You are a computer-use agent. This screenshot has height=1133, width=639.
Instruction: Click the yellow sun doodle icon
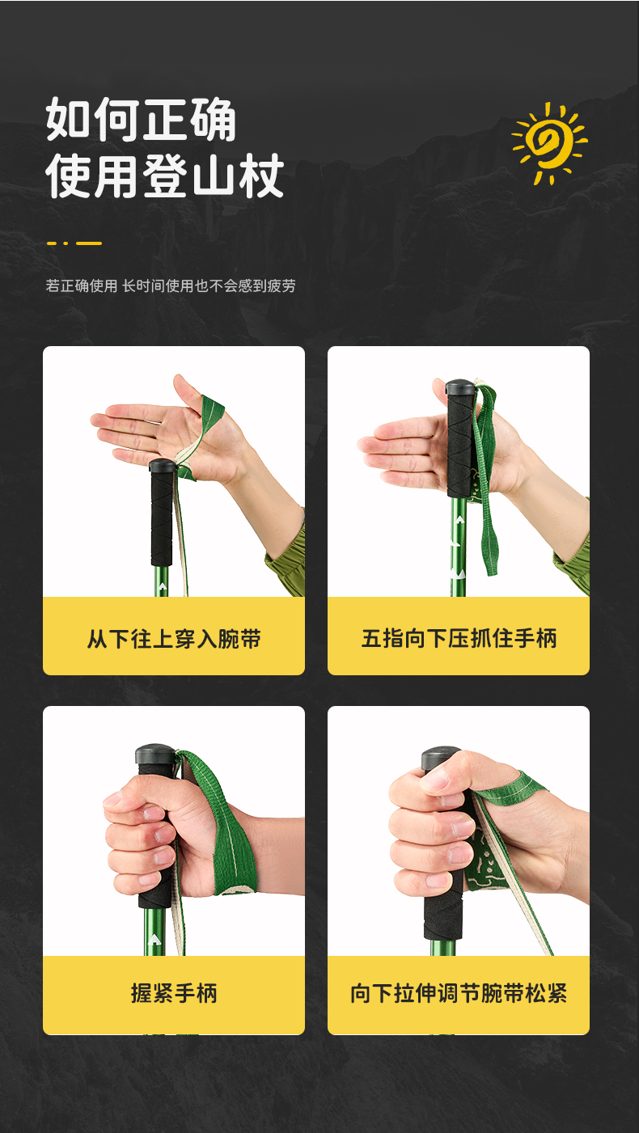click(549, 142)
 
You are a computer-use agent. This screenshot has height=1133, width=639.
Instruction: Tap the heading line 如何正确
click(142, 120)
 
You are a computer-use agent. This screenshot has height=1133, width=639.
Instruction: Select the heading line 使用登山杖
click(164, 175)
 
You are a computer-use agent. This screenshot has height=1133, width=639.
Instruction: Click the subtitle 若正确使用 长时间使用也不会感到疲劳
click(171, 285)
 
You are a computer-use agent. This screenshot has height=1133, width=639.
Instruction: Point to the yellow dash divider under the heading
click(74, 243)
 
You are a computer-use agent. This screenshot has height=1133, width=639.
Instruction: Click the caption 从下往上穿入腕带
click(174, 638)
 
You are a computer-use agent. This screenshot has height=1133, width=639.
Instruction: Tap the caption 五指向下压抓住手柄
click(459, 638)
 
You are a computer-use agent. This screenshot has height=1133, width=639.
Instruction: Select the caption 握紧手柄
click(174, 993)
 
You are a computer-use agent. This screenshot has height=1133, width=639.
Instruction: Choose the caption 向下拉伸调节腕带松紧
click(459, 993)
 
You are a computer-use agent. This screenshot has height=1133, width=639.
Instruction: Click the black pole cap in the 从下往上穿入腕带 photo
click(162, 465)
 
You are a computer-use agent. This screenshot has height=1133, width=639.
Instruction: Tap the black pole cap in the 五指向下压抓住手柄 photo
click(460, 387)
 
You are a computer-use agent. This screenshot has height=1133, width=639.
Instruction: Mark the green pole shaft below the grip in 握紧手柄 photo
click(154, 931)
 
